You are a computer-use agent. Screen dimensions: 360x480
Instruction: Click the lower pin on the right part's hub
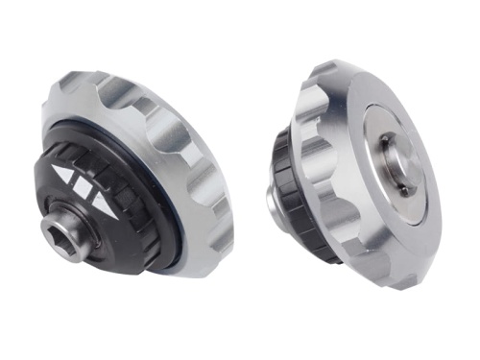pyautogui.click(x=403, y=190)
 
